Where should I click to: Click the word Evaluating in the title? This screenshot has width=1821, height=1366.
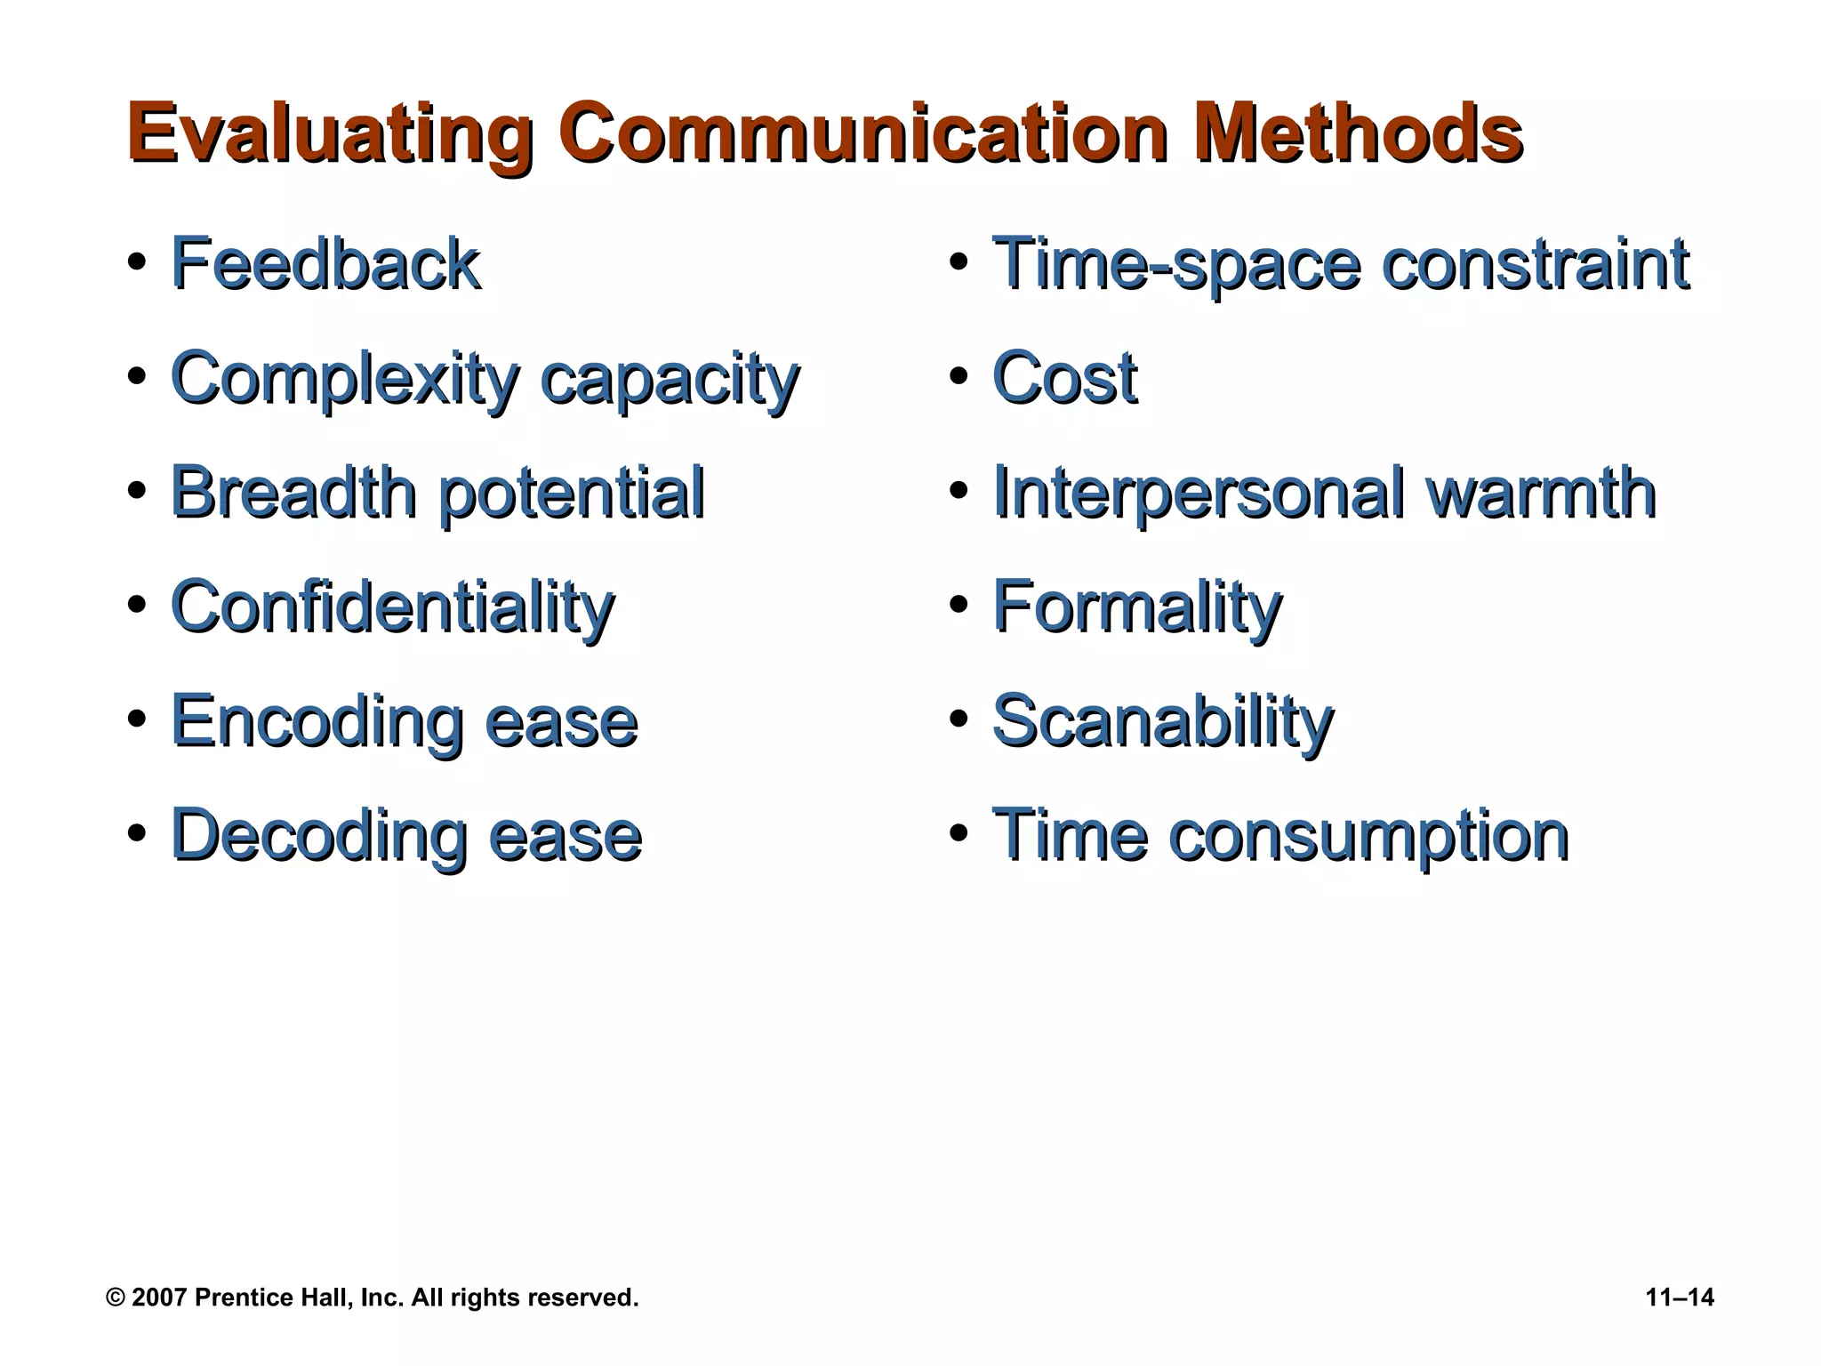(x=330, y=134)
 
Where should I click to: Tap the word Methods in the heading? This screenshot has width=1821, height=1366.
(x=1358, y=134)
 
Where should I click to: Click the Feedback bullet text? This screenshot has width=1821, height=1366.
(x=325, y=264)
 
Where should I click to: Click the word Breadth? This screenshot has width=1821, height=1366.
(x=293, y=493)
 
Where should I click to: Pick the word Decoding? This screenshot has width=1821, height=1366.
(x=318, y=837)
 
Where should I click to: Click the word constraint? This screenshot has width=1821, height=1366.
(x=1536, y=264)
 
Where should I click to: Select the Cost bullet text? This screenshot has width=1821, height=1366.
(x=1064, y=379)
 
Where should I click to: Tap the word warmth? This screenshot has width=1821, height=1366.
(x=1542, y=493)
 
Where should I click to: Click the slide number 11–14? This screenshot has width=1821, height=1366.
(x=1680, y=1298)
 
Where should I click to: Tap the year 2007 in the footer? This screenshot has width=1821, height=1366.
(x=159, y=1298)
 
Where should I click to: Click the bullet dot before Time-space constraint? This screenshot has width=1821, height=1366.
(x=958, y=263)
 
